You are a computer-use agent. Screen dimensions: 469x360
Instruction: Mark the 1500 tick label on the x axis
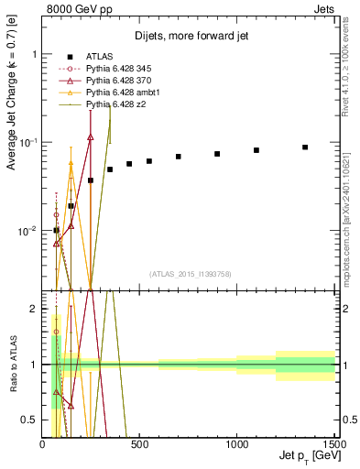[333, 444]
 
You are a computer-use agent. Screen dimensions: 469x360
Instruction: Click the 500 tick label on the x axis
[140, 444]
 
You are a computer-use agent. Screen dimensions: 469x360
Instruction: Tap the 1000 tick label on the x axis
[237, 444]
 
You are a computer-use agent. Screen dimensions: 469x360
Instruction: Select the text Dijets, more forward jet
[190, 36]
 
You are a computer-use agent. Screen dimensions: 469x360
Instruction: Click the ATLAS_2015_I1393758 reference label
[190, 274]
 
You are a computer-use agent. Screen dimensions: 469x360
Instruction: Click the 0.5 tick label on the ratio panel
[30, 420]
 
